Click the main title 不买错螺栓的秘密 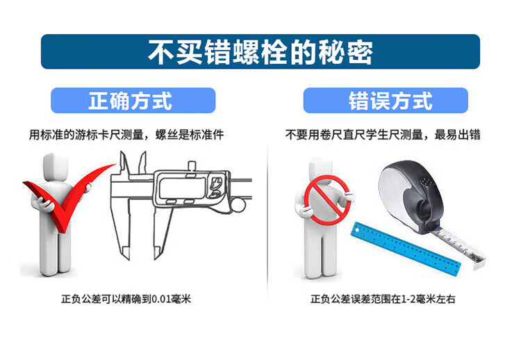pyautogui.click(x=260, y=52)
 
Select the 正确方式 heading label pyautogui.click(x=131, y=100)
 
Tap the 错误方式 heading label pyautogui.click(x=390, y=100)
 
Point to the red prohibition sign pyautogui.click(x=327, y=199)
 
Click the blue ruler pyautogui.click(x=406, y=247)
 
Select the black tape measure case pyautogui.click(x=412, y=197)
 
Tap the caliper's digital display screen pyautogui.click(x=183, y=188)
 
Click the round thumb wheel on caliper pyautogui.click(x=238, y=206)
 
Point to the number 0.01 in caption pyautogui.click(x=161, y=299)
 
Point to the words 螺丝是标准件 pyautogui.click(x=190, y=135)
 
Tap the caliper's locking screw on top pyautogui.click(x=192, y=166)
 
